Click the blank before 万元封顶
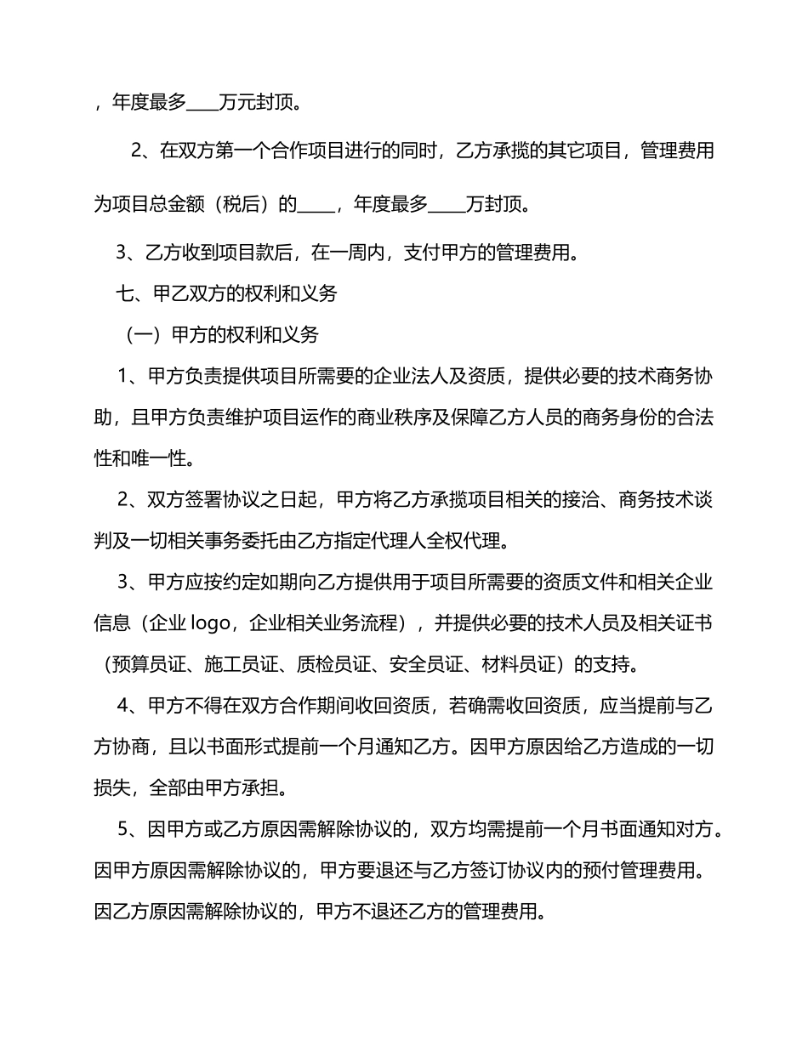(202, 105)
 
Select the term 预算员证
(139, 665)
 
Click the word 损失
(111, 788)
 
